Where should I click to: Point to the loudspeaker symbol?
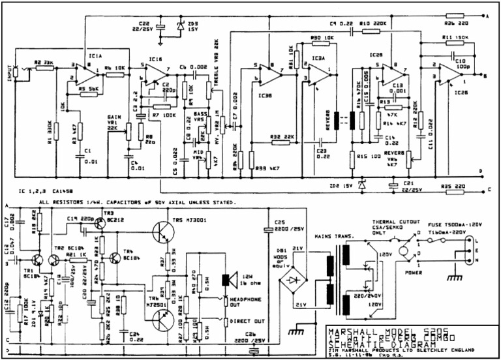point(226,280)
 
